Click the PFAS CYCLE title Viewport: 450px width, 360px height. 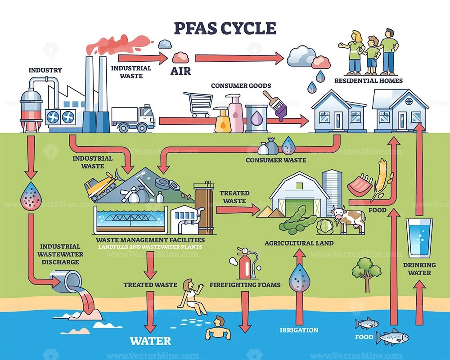(x=225, y=28)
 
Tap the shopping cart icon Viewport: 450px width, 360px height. (x=198, y=104)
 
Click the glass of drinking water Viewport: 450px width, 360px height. (x=418, y=237)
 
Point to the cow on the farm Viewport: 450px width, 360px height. (x=347, y=220)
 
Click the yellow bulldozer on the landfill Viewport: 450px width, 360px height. (x=102, y=186)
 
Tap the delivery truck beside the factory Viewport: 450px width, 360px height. (x=133, y=118)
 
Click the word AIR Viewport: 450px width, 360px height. (x=180, y=71)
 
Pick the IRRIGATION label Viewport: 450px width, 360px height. (x=299, y=330)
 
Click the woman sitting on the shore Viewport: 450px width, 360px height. (x=192, y=297)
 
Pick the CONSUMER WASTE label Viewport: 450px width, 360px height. (x=276, y=160)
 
